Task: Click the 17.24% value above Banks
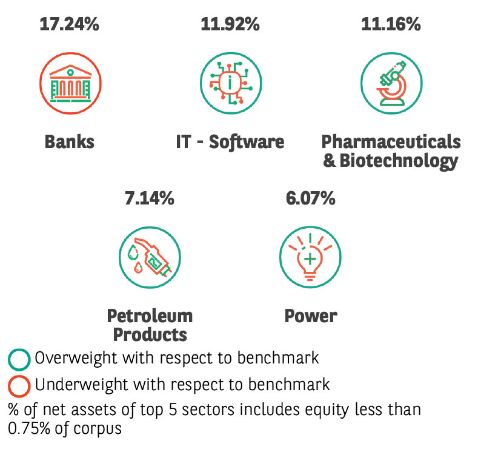tap(70, 24)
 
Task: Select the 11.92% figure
tap(230, 24)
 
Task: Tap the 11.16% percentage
tap(391, 24)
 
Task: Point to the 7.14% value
tap(150, 198)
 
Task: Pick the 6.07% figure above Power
tap(311, 198)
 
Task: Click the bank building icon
tap(70, 83)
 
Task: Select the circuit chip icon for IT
tap(231, 83)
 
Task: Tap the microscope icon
tap(392, 83)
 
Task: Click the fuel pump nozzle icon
tap(150, 257)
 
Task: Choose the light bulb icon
tap(310, 257)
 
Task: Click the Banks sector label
tap(70, 142)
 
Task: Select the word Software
tap(247, 142)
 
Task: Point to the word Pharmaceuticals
tap(391, 142)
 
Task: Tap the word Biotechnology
tap(399, 161)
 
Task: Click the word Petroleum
tap(150, 316)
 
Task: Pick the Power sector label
tap(311, 316)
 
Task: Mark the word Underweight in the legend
tap(81, 385)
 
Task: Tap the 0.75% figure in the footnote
tap(29, 428)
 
